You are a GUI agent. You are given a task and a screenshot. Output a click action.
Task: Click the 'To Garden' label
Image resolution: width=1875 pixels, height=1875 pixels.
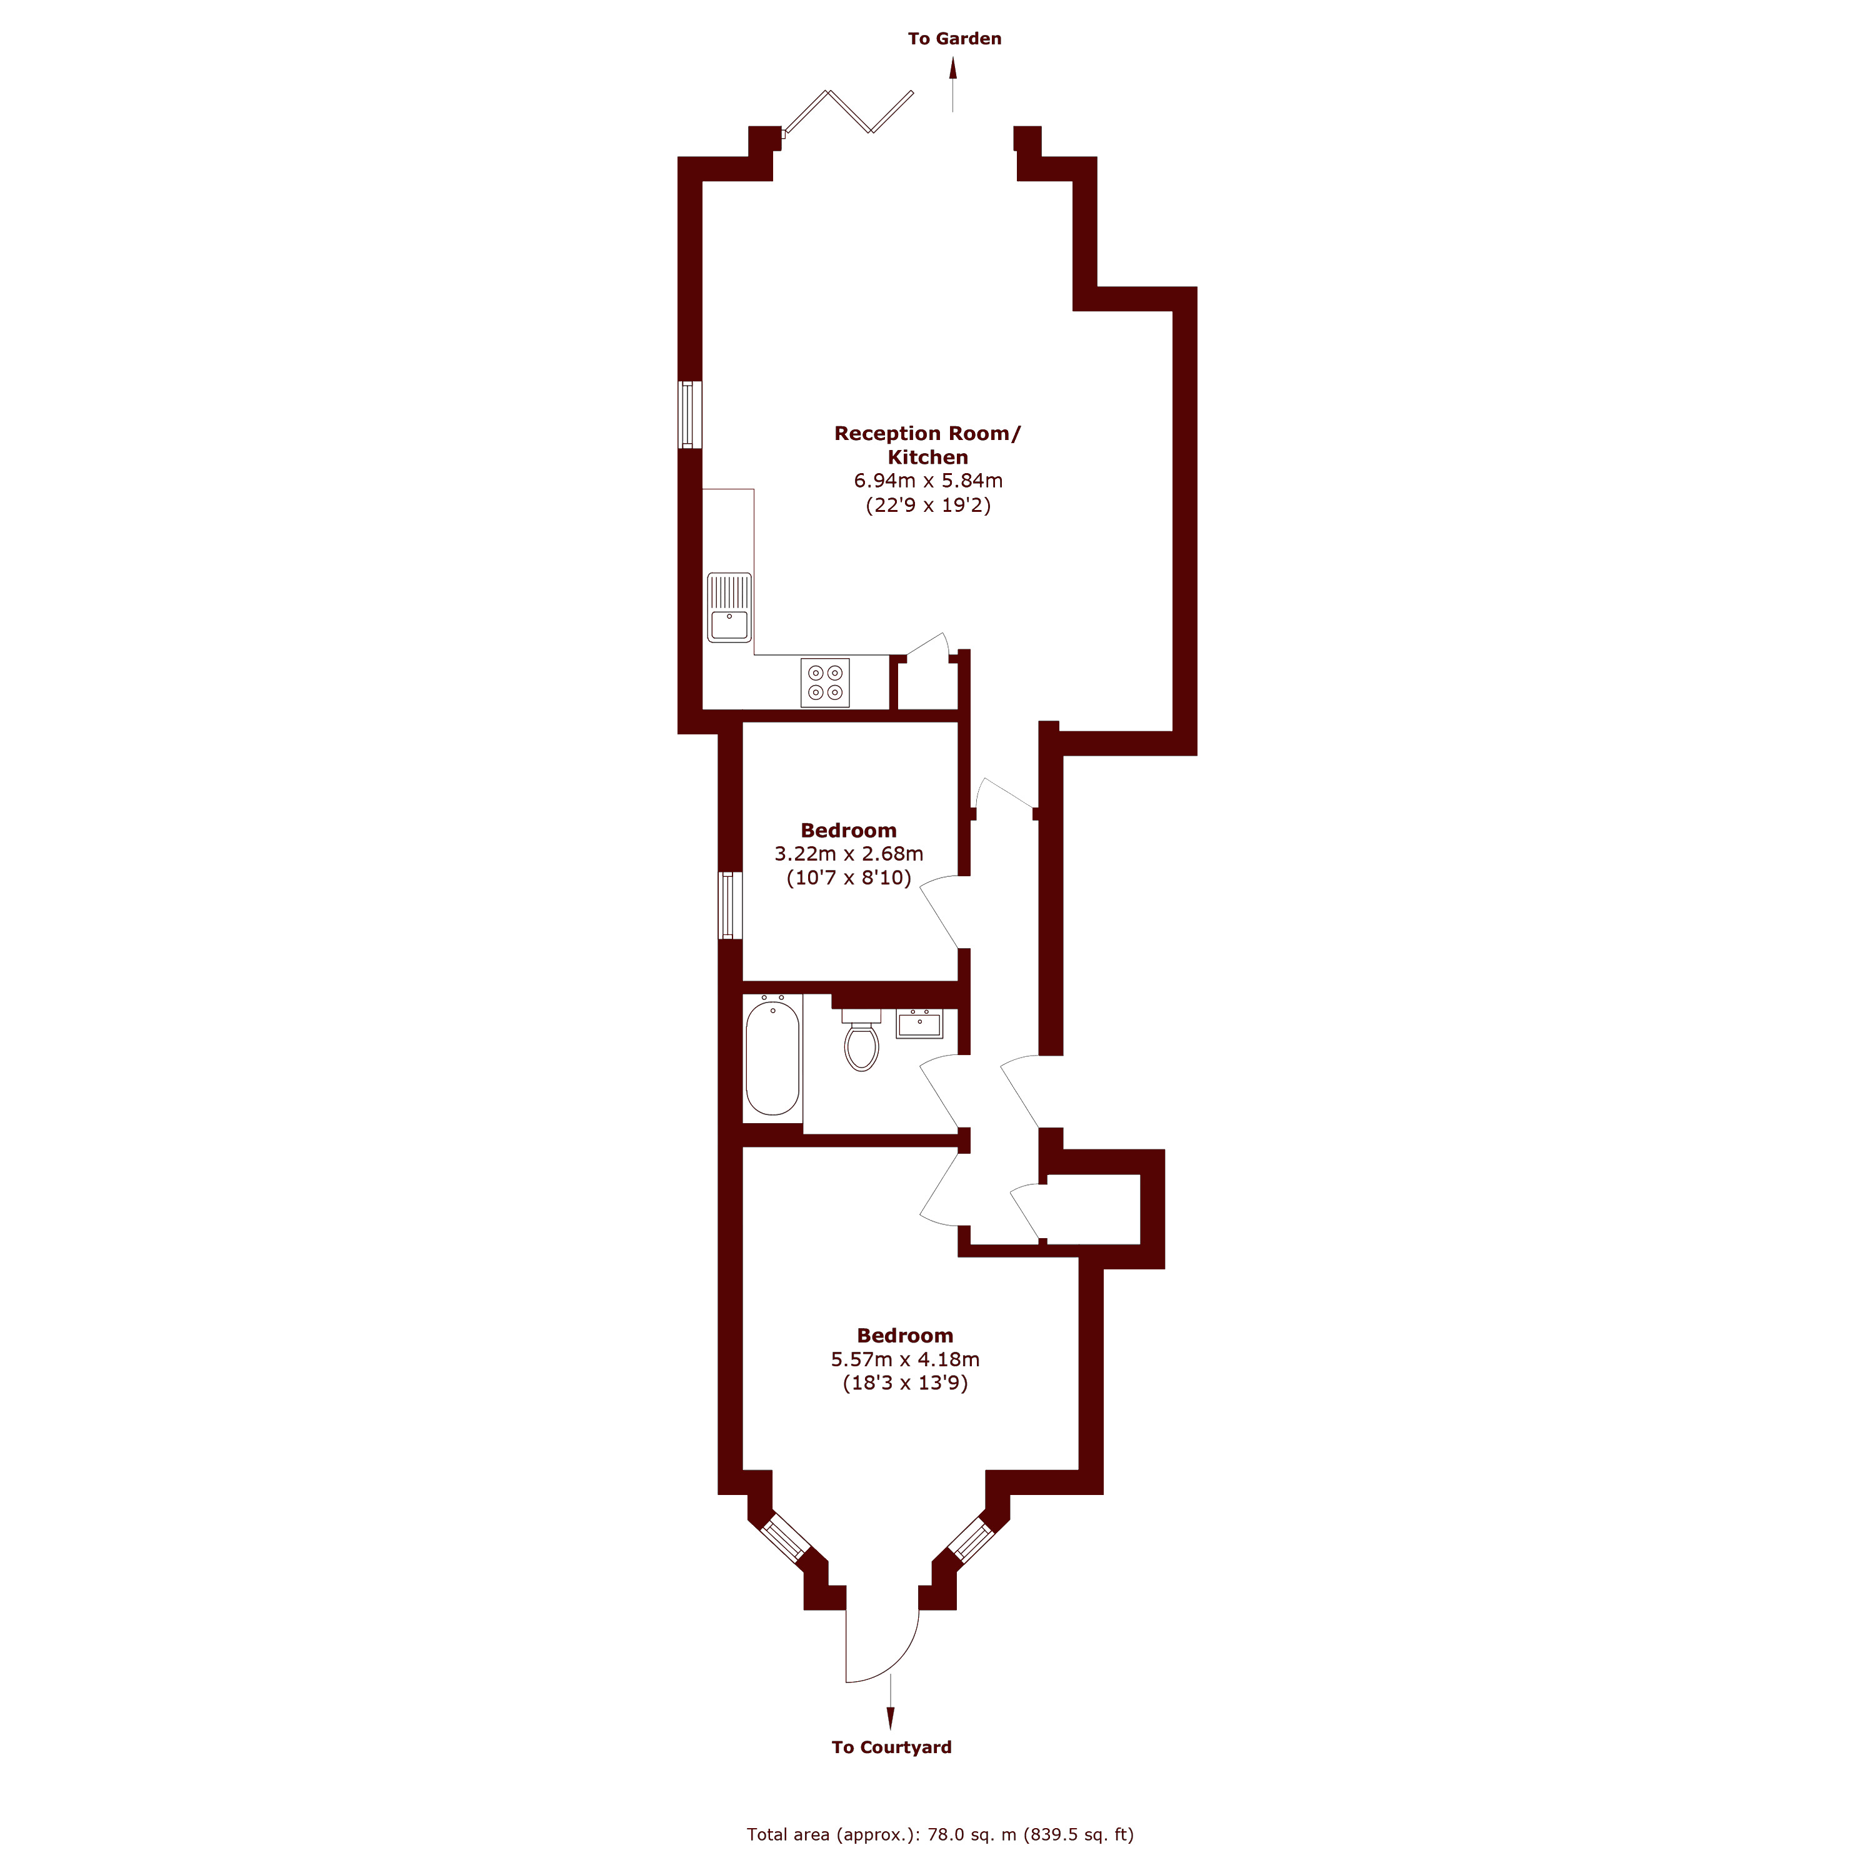(x=954, y=39)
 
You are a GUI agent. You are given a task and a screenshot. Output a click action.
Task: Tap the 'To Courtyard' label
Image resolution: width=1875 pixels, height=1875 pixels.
(x=891, y=1747)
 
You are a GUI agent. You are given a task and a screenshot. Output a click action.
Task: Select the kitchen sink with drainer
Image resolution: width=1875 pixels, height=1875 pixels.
(x=729, y=607)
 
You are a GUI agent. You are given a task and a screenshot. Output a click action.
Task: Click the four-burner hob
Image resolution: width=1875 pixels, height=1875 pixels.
(x=825, y=682)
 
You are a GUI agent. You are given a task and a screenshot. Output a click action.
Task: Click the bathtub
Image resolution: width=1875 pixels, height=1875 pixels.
(x=772, y=1058)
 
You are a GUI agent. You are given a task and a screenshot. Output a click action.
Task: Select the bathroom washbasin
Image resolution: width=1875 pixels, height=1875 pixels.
(x=918, y=1024)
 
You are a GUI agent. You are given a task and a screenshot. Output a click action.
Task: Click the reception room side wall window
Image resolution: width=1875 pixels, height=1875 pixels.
(x=689, y=414)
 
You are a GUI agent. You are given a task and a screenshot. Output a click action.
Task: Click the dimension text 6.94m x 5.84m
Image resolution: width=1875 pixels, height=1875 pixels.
(x=927, y=481)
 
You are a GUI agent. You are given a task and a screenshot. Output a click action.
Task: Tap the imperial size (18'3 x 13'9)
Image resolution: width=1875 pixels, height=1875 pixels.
(x=904, y=1383)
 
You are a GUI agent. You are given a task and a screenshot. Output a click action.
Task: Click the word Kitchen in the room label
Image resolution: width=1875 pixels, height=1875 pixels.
(x=927, y=457)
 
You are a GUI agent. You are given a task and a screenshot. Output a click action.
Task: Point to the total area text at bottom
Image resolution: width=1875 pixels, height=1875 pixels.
(x=939, y=1834)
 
